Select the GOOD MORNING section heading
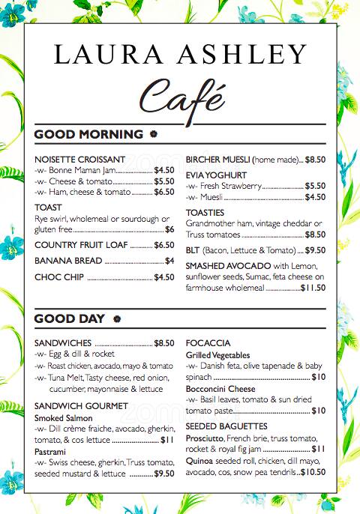88,135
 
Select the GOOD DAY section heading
70,319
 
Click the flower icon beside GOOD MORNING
154,135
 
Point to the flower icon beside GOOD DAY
116,319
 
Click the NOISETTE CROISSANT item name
79,160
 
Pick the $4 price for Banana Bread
169,261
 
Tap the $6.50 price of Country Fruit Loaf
163,245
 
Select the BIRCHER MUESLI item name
217,160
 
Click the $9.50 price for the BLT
315,251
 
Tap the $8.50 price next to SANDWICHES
163,343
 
